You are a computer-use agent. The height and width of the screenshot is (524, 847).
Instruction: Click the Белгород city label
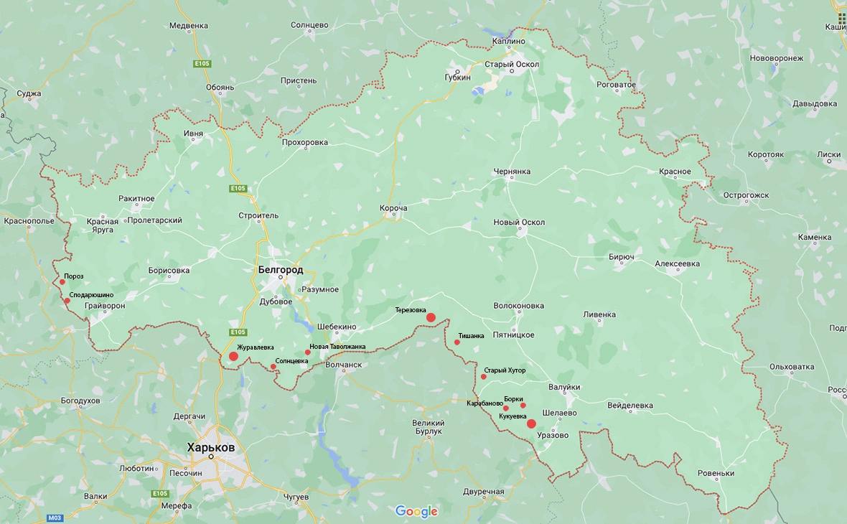(x=280, y=270)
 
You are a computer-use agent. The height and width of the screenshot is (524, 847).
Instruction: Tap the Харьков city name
(x=210, y=447)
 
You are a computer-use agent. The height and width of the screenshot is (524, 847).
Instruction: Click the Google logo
(x=416, y=511)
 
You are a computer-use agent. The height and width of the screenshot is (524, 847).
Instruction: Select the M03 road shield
(x=55, y=518)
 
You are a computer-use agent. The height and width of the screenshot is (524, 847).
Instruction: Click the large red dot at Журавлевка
(x=233, y=356)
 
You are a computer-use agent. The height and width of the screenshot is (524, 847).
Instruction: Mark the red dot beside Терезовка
(x=431, y=317)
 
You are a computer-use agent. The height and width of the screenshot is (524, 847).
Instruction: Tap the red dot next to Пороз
(x=62, y=282)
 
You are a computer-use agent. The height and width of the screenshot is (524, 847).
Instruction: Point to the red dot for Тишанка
(x=457, y=342)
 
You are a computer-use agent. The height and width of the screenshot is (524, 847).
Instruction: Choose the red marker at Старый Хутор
(x=484, y=377)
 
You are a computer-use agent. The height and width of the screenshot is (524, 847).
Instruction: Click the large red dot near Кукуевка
(x=531, y=424)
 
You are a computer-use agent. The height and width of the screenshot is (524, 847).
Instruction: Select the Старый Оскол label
(x=512, y=65)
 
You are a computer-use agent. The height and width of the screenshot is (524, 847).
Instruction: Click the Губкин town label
(x=457, y=77)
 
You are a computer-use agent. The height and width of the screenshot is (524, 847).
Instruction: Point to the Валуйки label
(x=563, y=387)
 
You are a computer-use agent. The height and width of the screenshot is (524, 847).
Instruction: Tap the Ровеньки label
(x=716, y=473)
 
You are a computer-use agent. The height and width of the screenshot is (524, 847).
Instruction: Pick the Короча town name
(x=393, y=208)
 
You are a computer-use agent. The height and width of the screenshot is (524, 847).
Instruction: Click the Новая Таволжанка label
(x=337, y=347)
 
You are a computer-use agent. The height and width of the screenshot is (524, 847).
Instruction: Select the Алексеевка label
(x=677, y=263)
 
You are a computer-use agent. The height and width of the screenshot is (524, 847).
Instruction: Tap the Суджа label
(x=29, y=93)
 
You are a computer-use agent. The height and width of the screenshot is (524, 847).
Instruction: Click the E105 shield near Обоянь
(x=202, y=65)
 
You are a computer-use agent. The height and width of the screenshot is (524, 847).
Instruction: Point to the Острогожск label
(x=746, y=195)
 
